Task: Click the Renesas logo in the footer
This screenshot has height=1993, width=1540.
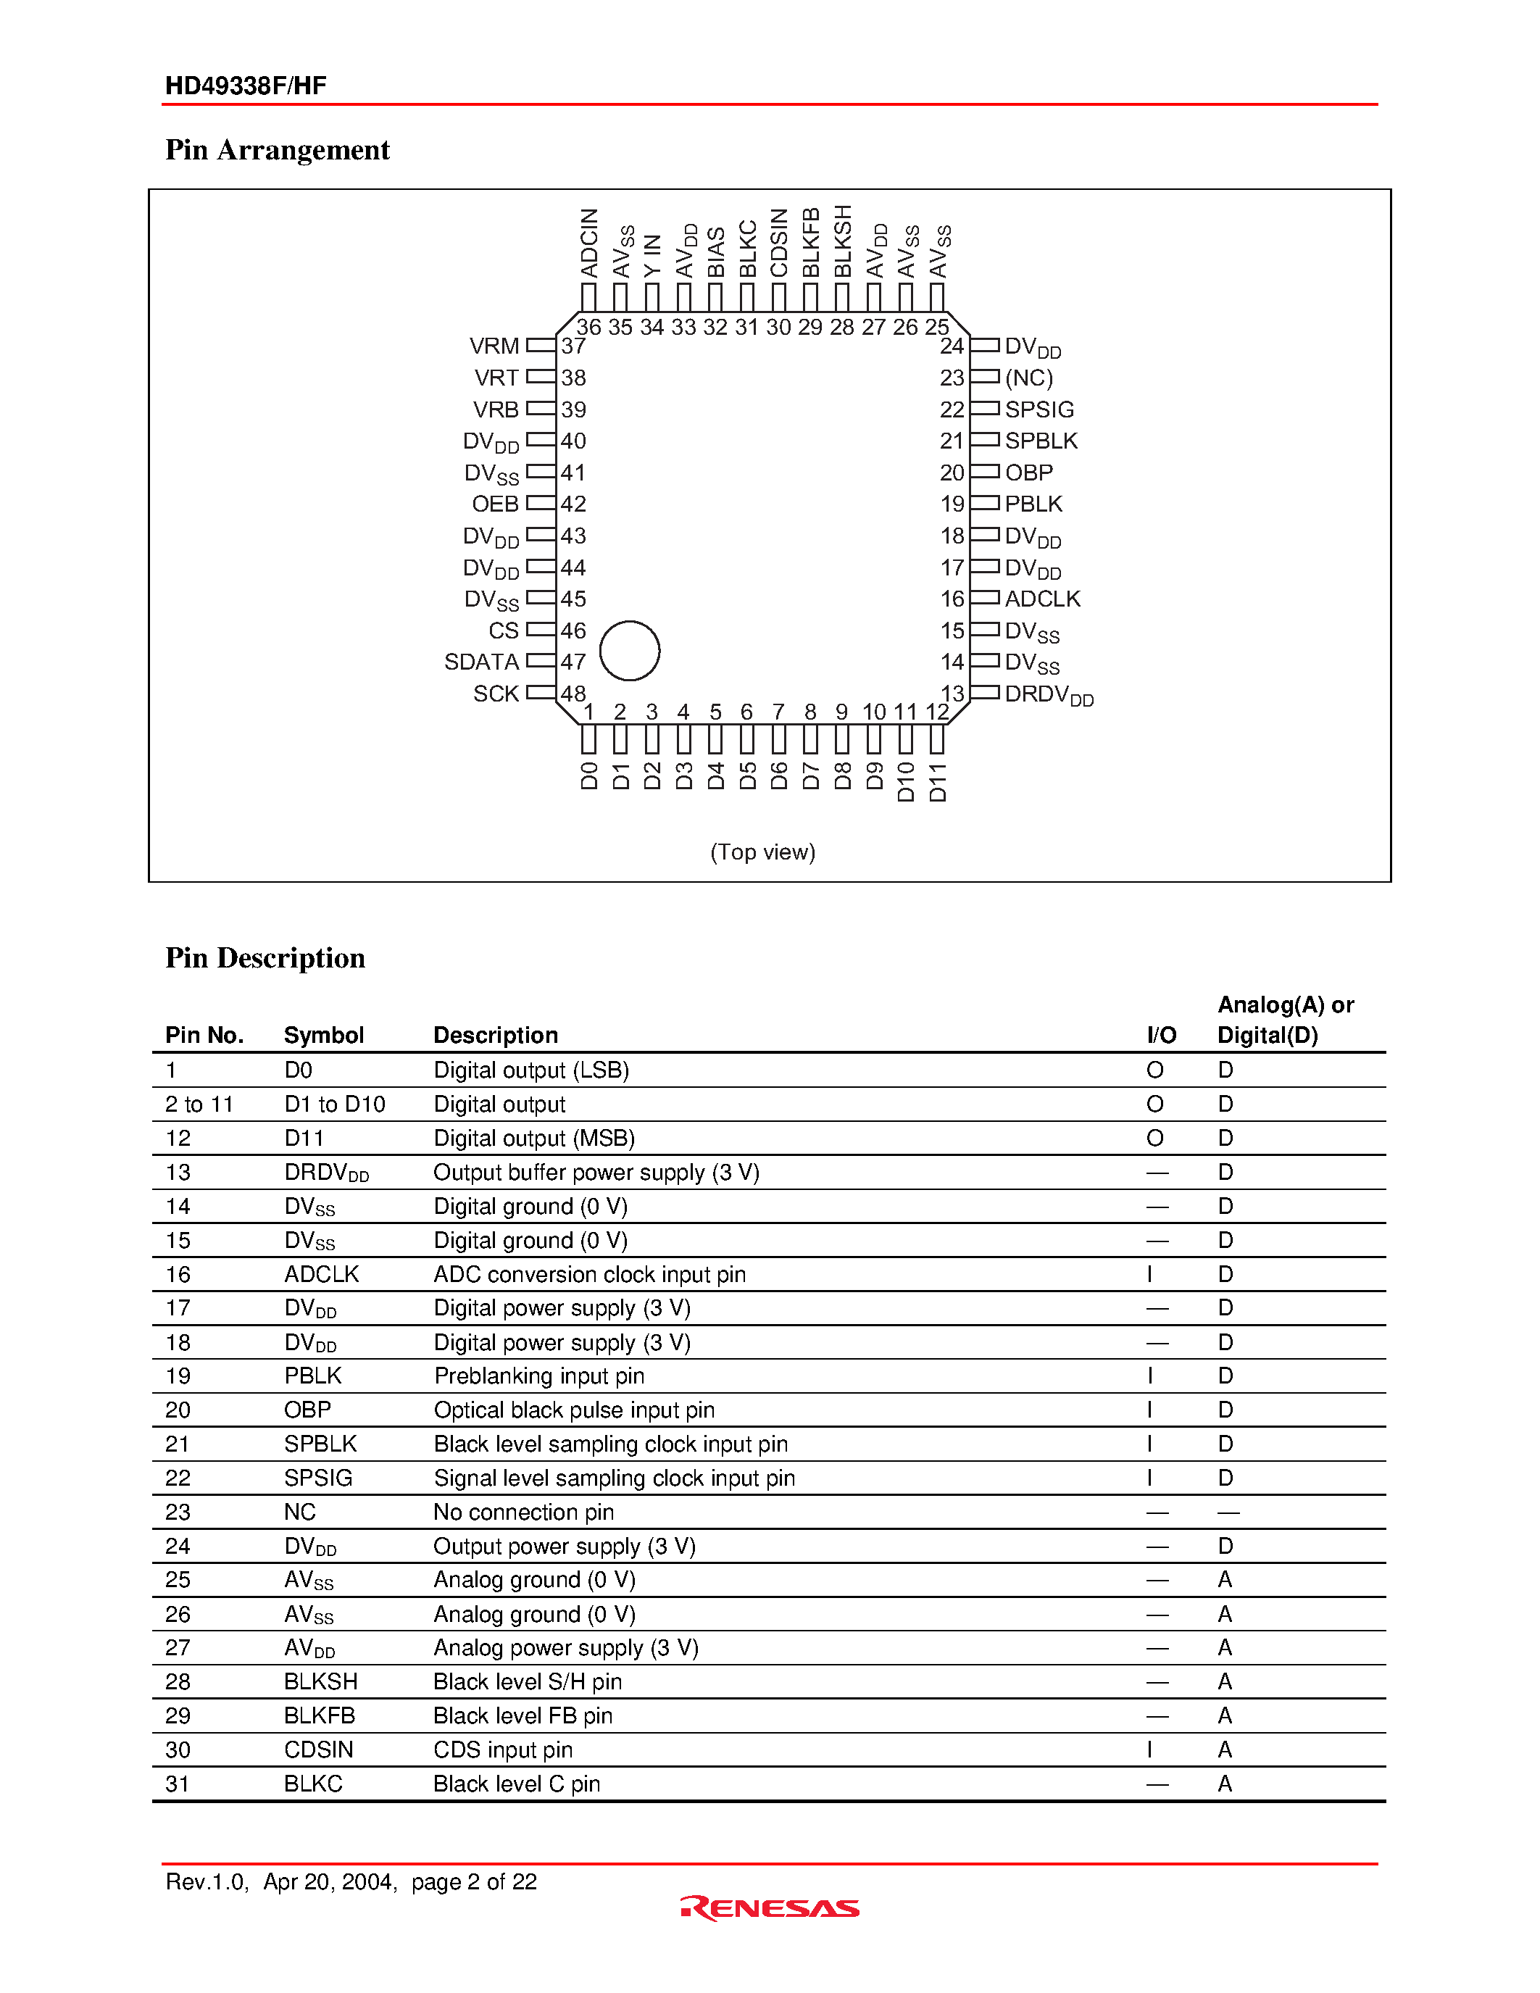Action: (769, 1907)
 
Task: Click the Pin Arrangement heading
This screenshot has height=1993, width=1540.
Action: (278, 150)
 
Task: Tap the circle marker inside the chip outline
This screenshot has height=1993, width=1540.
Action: (630, 651)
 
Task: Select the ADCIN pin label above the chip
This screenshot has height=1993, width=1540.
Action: (589, 243)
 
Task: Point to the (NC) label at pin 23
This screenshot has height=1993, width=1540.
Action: (1028, 378)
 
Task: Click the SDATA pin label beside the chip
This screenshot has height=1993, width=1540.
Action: (480, 662)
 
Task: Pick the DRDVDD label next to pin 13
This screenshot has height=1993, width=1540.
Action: (1048, 695)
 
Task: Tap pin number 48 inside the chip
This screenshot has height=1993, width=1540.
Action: (573, 694)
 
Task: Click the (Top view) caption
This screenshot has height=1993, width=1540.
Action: (762, 852)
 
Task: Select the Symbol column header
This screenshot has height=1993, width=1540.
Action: (323, 1035)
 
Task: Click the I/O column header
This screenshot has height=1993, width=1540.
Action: (1162, 1035)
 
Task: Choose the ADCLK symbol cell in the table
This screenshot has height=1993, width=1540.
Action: (321, 1274)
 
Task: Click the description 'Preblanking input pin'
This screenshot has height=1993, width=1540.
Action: (539, 1376)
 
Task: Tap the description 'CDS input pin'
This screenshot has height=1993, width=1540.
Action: (503, 1749)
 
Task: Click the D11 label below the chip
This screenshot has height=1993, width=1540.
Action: (938, 783)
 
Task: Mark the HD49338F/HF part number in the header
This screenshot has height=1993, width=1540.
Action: (246, 86)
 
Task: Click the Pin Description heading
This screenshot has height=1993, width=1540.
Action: (265, 957)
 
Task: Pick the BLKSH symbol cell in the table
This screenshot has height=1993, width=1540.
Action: (320, 1681)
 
